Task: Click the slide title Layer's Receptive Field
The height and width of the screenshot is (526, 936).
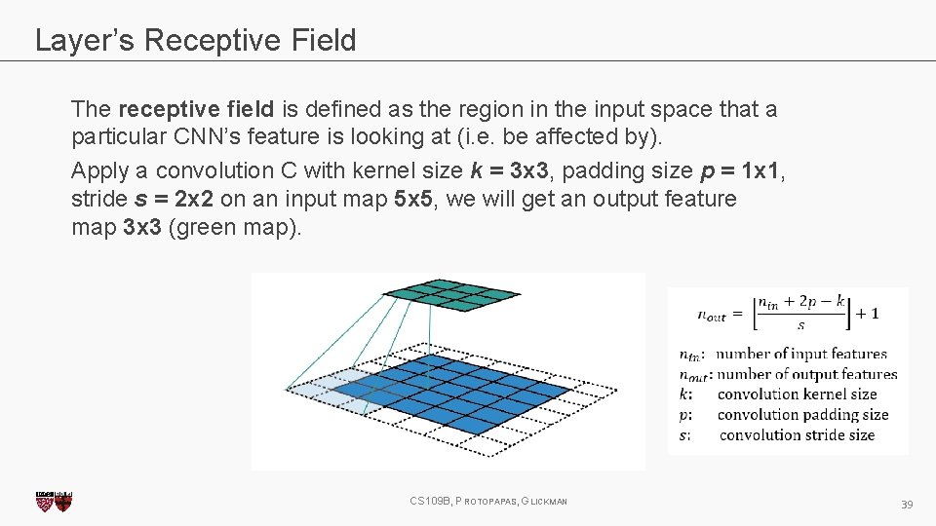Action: [x=195, y=40]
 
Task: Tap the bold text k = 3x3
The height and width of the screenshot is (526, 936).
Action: [x=509, y=170]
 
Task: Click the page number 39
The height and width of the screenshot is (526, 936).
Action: [x=906, y=504]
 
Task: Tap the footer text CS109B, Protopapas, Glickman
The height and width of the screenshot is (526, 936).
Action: [x=488, y=501]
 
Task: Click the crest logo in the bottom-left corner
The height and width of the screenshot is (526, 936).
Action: [x=54, y=501]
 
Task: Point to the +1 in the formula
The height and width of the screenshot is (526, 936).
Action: [x=868, y=313]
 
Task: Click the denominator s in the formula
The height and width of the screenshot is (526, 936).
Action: [x=799, y=325]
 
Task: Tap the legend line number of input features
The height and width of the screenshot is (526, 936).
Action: [x=800, y=354]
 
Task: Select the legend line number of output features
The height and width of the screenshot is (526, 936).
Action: [x=805, y=374]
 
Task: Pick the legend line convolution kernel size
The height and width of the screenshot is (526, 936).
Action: [x=797, y=394]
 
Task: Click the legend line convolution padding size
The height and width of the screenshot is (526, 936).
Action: [x=802, y=415]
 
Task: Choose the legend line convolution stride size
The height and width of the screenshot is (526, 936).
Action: [x=797, y=435]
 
